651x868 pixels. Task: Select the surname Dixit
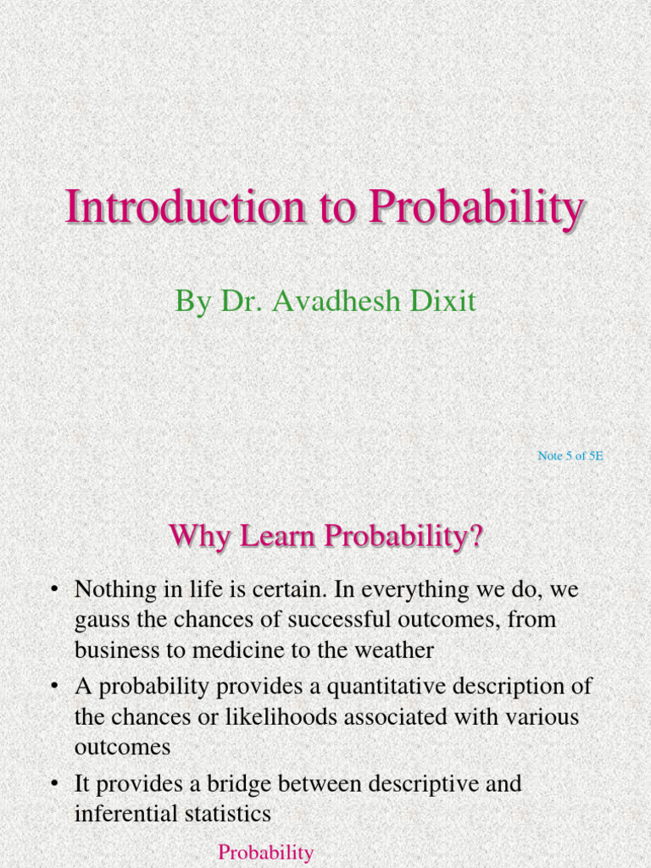tap(445, 301)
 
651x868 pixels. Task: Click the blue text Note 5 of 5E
tap(570, 456)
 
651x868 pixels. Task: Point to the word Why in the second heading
tap(199, 537)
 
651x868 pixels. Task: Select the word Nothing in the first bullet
tap(116, 588)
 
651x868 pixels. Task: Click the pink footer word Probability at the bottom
tap(266, 853)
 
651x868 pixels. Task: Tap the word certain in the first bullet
tap(273, 588)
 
